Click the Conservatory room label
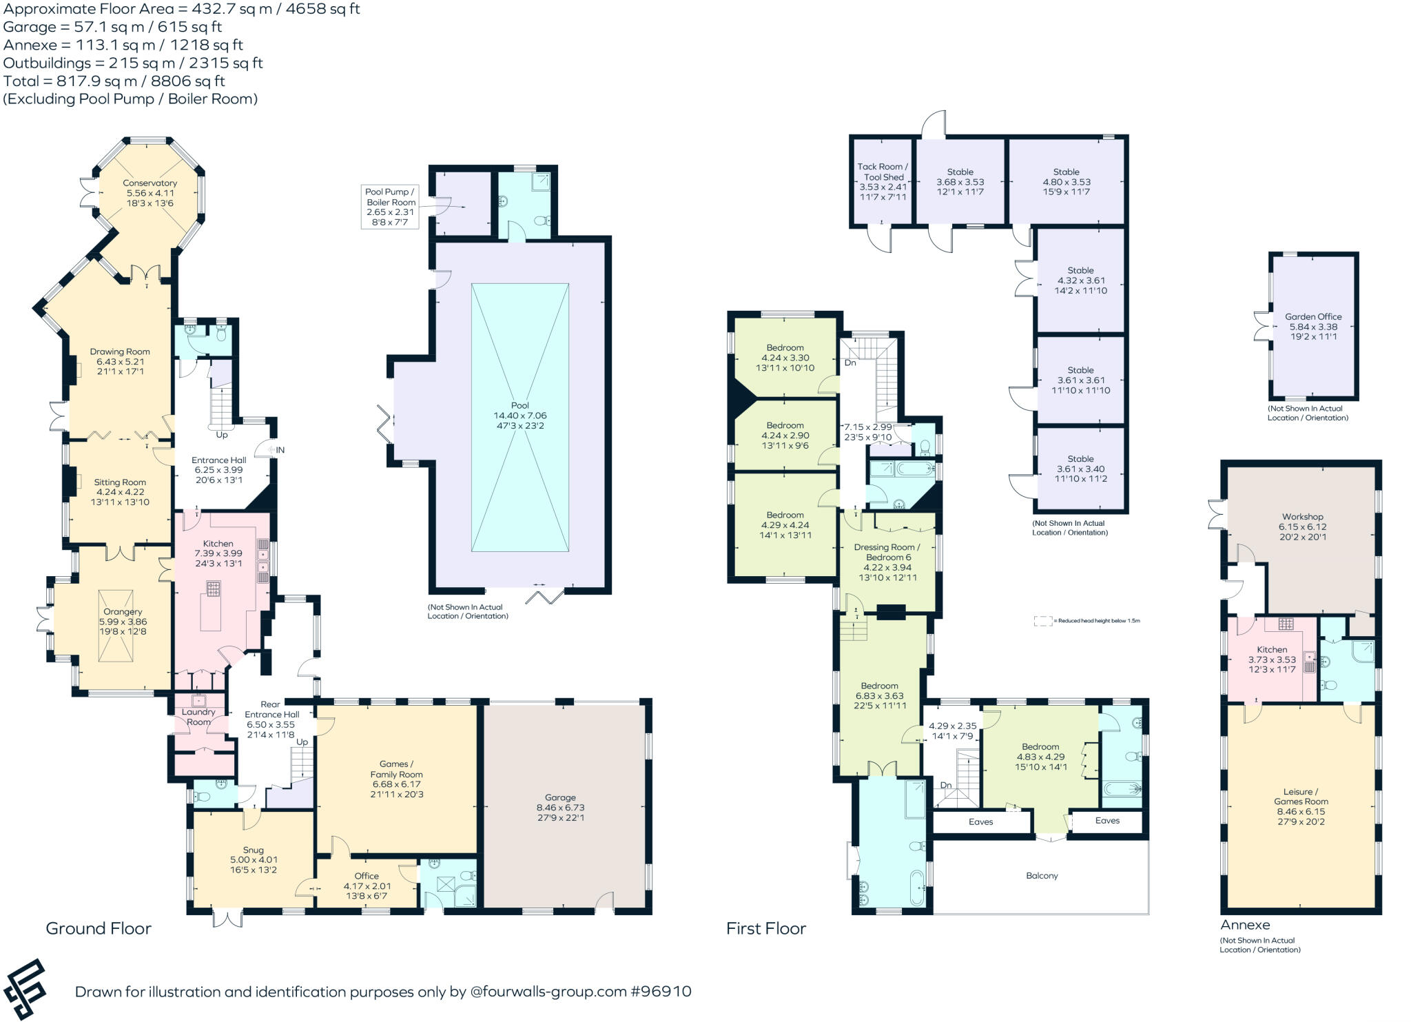coord(150,183)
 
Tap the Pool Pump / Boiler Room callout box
coord(391,207)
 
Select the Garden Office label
coord(1312,317)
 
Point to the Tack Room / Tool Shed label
coord(883,172)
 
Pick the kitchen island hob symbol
coord(214,589)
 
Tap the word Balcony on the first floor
coord(1041,876)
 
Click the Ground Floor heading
coord(99,928)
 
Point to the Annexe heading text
coord(1244,925)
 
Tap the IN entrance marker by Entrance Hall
coord(280,450)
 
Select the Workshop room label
coord(1302,517)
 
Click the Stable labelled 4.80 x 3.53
coord(1066,182)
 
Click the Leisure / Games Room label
coord(1300,797)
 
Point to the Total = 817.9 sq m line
coord(114,81)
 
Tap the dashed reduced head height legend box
coord(1043,621)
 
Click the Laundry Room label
coord(198,717)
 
